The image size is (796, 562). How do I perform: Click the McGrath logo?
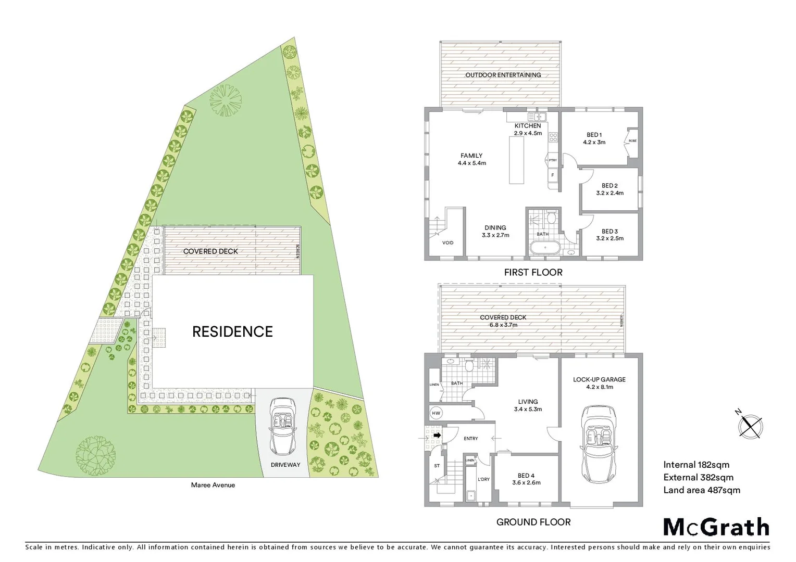(716, 527)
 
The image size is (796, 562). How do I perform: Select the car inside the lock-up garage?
(599, 444)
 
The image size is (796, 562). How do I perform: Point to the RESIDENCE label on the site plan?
(232, 331)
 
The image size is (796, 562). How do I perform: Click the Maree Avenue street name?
(213, 485)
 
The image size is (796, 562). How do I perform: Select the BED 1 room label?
(594, 135)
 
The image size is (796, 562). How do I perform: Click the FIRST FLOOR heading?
(533, 272)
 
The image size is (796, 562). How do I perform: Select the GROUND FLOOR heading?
(533, 522)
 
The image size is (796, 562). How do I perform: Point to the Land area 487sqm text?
(701, 490)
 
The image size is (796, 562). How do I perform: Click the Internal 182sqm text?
(696, 465)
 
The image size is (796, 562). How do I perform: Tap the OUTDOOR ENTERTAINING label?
(503, 75)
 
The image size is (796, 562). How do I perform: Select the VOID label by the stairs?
(447, 242)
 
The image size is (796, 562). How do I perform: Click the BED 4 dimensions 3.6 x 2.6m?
(526, 482)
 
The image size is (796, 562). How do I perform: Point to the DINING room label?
(495, 227)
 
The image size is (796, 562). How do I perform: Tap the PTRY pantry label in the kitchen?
(553, 160)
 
